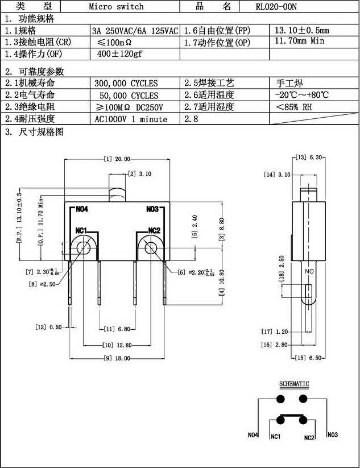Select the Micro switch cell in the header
tap(116, 7)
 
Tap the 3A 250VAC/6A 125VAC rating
tap(135, 30)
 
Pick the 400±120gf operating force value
tap(119, 54)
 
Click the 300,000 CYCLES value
tap(126, 84)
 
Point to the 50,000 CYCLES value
tap(129, 96)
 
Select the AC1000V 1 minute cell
tap(131, 119)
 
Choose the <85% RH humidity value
tap(294, 107)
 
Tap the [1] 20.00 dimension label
tap(117, 159)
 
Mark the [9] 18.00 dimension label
tap(117, 358)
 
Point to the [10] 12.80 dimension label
tap(117, 345)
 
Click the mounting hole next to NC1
tap(83, 247)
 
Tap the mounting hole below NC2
tap(150, 247)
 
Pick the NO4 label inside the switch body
tap(82, 209)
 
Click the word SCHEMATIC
tap(294, 384)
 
